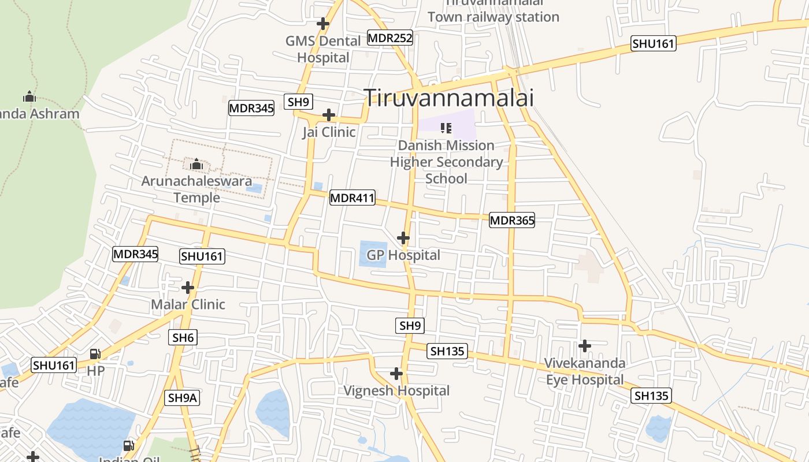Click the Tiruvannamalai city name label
pyautogui.click(x=448, y=98)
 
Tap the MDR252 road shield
pyautogui.click(x=390, y=38)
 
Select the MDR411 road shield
pyautogui.click(x=352, y=198)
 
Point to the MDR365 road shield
pyautogui.click(x=512, y=219)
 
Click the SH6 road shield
pyautogui.click(x=183, y=337)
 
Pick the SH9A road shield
pyautogui.click(x=183, y=397)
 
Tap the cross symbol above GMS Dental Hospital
pyautogui.click(x=323, y=24)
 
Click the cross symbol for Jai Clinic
pyautogui.click(x=329, y=114)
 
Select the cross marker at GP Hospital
pyautogui.click(x=403, y=238)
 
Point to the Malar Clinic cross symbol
pyautogui.click(x=188, y=287)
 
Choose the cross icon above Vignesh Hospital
pyautogui.click(x=396, y=374)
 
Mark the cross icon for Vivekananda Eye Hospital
pyautogui.click(x=585, y=346)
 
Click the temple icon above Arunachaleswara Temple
pyautogui.click(x=196, y=165)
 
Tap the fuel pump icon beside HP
pyautogui.click(x=95, y=353)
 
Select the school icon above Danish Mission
pyautogui.click(x=446, y=128)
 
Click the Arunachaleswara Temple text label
pyautogui.click(x=197, y=189)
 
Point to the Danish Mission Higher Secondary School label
pyautogui.click(x=446, y=162)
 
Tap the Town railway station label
pyautogui.click(x=493, y=17)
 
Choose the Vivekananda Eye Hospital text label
pyautogui.click(x=585, y=371)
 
